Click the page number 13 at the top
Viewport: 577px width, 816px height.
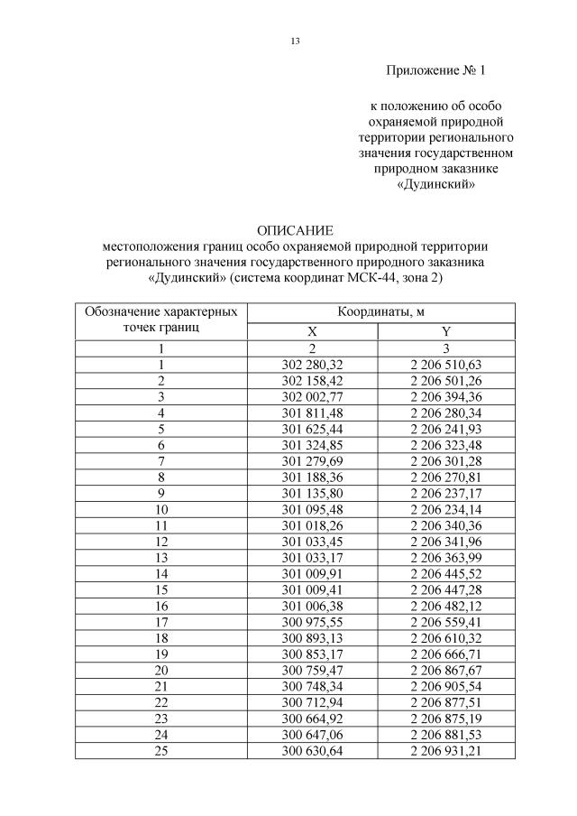[x=295, y=42]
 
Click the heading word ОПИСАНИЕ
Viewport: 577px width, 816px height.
[x=295, y=230]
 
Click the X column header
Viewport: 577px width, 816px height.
[x=312, y=331]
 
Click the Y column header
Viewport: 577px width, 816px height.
[x=445, y=331]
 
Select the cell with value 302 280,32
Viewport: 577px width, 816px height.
[x=312, y=364]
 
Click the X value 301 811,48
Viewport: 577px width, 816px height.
[x=312, y=413]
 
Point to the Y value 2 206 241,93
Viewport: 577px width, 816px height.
[x=445, y=429]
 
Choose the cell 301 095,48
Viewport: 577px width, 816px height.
[x=312, y=510]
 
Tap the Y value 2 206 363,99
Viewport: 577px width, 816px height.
[x=445, y=559]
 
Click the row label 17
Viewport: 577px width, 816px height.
[x=161, y=623]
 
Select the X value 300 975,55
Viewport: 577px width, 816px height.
[x=312, y=623]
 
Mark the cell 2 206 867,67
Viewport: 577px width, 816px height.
[x=445, y=672]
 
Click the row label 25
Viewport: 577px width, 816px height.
[x=161, y=752]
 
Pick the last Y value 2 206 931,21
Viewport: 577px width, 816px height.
[x=445, y=752]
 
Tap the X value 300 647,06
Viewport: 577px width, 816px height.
[x=312, y=736]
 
